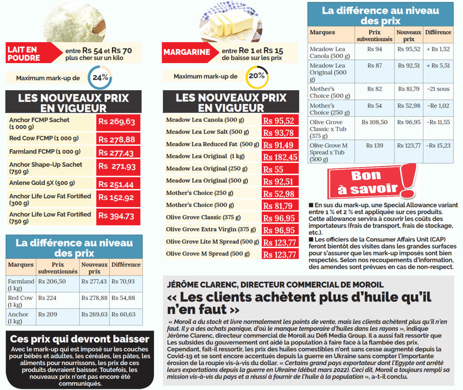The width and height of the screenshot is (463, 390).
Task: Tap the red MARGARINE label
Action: pyautogui.click(x=187, y=52)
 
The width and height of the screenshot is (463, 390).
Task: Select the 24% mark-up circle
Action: pyautogui.click(x=100, y=77)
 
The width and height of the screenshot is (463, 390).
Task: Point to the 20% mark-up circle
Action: pyautogui.click(x=257, y=76)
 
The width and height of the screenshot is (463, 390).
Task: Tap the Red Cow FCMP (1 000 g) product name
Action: pyautogui.click(x=44, y=138)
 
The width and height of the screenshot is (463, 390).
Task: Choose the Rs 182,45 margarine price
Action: pyautogui.click(x=280, y=157)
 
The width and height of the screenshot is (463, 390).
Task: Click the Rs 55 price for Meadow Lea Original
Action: pyautogui.click(x=280, y=169)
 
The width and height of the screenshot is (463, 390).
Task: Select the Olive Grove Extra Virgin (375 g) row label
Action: pyautogui.click(x=211, y=229)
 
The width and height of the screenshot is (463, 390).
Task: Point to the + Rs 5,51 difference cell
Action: pyautogui.click(x=438, y=66)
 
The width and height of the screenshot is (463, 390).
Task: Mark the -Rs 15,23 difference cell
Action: pyautogui.click(x=438, y=146)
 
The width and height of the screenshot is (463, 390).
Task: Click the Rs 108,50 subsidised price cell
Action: pyautogui.click(x=374, y=122)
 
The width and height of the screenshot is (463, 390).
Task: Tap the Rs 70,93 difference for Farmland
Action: pyautogui.click(x=123, y=281)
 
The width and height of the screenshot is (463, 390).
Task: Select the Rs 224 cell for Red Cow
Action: pyautogui.click(x=47, y=298)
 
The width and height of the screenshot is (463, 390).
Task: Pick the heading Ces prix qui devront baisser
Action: pyautogui.click(x=80, y=339)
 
